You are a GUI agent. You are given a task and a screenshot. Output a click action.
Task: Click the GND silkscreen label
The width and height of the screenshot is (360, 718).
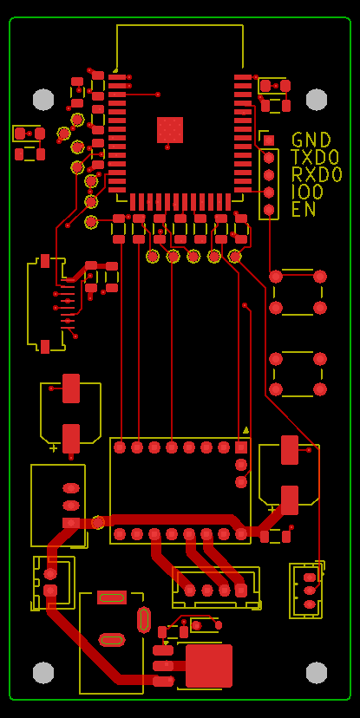(311, 140)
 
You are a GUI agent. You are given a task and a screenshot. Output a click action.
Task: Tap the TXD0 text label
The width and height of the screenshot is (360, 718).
(315, 157)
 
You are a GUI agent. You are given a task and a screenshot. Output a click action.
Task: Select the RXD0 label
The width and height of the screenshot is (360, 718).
(317, 174)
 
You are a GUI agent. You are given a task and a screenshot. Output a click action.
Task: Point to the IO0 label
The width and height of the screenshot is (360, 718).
(307, 192)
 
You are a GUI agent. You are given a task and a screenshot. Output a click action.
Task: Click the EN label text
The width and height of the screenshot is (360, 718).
(304, 209)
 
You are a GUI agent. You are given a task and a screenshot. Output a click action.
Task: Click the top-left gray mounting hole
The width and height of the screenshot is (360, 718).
(43, 100)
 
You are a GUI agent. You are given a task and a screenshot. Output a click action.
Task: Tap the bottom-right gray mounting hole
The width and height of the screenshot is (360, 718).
(317, 673)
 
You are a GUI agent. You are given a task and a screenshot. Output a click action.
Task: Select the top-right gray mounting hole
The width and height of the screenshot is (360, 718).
(317, 100)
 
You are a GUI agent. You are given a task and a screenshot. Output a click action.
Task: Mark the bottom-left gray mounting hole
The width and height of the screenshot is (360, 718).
(43, 673)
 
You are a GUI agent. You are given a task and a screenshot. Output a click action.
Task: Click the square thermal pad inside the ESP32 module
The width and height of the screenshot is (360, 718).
(170, 130)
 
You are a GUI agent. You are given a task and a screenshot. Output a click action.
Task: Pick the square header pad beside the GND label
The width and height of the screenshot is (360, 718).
(269, 140)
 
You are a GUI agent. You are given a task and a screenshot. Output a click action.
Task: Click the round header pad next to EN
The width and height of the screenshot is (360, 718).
(269, 210)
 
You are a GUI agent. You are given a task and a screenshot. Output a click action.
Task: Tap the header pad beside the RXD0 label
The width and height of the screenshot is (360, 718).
(269, 175)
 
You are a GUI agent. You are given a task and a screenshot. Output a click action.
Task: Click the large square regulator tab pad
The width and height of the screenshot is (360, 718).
(209, 666)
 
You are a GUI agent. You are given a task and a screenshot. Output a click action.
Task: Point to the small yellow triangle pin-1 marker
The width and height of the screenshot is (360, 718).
(245, 430)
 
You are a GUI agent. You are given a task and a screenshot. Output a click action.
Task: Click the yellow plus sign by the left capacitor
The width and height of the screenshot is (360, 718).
(54, 447)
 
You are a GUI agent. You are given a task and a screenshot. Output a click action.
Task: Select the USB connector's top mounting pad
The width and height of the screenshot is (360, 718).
(45, 261)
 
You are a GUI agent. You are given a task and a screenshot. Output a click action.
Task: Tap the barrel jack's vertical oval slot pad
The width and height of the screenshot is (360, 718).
(144, 619)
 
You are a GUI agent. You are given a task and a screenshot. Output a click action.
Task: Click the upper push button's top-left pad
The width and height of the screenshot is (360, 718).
(276, 277)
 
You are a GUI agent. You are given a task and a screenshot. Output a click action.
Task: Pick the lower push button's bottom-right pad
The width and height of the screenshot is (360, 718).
(320, 389)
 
